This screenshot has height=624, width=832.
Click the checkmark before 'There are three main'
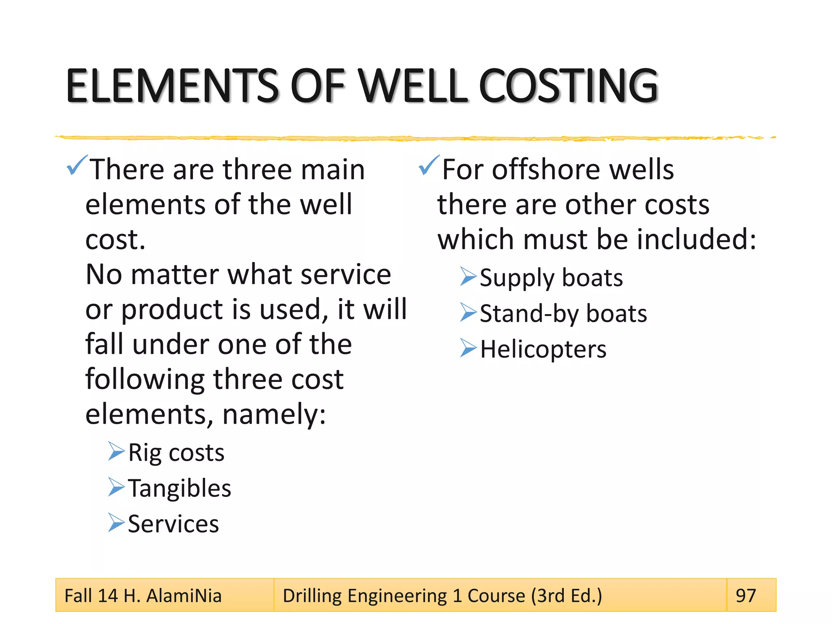click(x=77, y=165)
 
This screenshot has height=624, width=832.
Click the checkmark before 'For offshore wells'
click(x=429, y=165)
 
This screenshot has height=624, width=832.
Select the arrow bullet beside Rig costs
click(x=116, y=451)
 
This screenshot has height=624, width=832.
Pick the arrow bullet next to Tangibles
click(x=116, y=487)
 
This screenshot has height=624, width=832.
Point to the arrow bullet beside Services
click(x=116, y=523)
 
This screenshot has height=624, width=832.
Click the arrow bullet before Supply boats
click(x=468, y=277)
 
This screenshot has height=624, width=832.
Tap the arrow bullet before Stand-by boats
click(x=468, y=312)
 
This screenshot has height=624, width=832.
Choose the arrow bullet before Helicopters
click(x=468, y=348)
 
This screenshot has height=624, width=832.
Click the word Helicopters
click(x=543, y=349)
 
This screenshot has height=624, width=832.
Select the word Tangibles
click(x=180, y=488)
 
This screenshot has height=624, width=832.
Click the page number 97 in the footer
click(x=746, y=596)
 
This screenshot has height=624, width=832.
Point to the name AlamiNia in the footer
click(x=184, y=596)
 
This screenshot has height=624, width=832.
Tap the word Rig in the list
click(x=144, y=453)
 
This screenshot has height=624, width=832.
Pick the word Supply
click(x=517, y=279)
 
